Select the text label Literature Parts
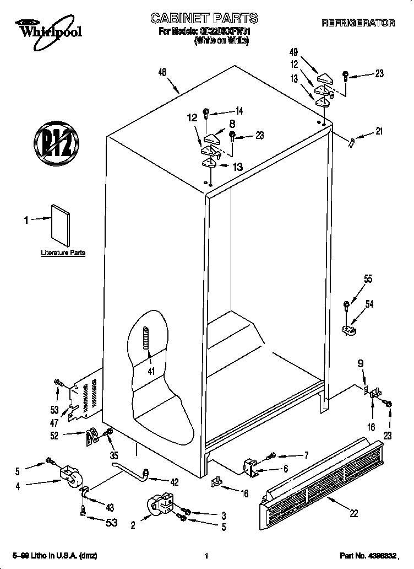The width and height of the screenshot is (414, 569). (63, 253)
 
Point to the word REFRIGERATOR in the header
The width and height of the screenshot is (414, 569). (358, 23)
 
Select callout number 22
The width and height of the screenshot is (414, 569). (353, 513)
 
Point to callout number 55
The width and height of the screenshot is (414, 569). (368, 279)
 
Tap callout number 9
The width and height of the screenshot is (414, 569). (360, 363)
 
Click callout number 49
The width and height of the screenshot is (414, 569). (293, 52)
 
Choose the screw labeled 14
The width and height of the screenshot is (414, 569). (206, 113)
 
